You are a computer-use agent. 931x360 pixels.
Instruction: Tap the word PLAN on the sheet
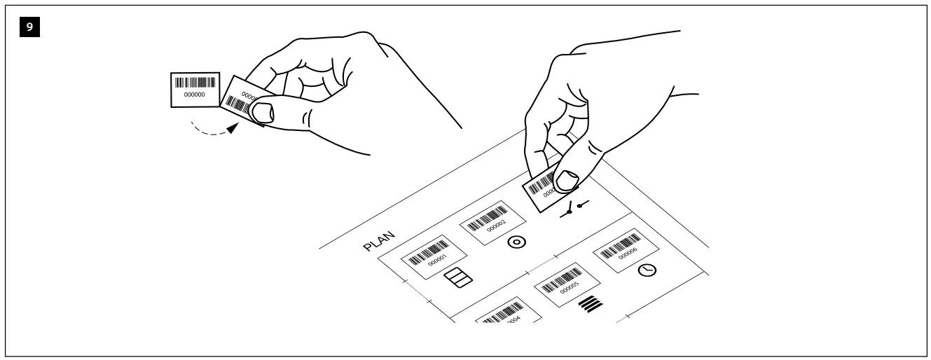point(380,240)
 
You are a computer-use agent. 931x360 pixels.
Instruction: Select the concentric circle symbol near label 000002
point(516,242)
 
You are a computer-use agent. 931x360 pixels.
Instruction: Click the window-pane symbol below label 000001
point(459,277)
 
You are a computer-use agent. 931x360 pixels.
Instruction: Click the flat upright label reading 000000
point(195,89)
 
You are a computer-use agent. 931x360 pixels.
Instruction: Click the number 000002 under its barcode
point(495,226)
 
